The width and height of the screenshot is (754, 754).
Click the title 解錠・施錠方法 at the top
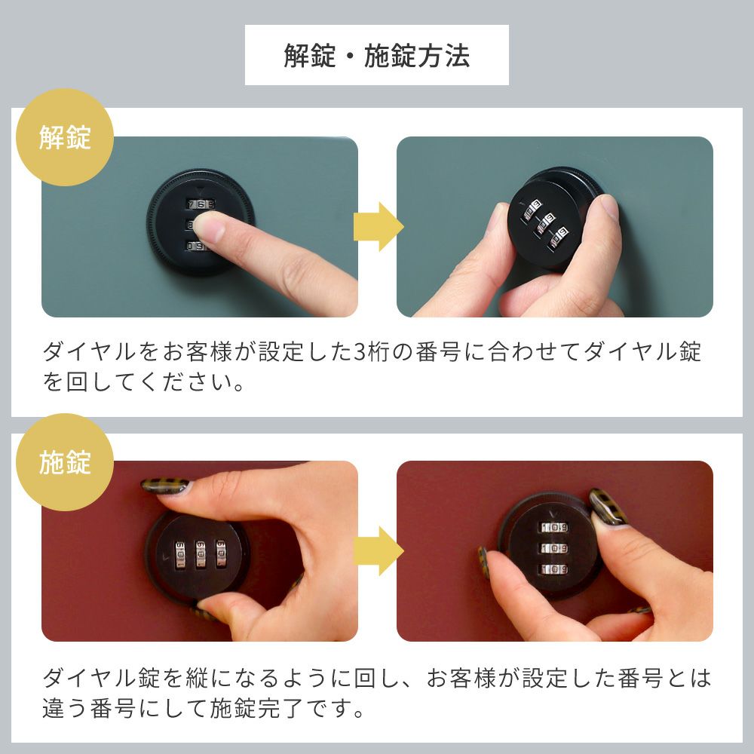tap(376, 55)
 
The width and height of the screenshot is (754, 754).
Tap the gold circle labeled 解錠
tap(65, 137)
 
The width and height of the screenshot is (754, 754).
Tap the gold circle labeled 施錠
tap(65, 462)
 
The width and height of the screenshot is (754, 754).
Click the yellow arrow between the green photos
tap(379, 226)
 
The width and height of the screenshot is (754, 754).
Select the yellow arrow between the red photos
tap(379, 550)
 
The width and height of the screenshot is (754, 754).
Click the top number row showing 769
tap(201, 204)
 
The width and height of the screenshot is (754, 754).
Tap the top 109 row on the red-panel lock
tap(554, 528)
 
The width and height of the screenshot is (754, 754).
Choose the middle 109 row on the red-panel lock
tap(554, 548)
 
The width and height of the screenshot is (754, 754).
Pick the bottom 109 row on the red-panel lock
tap(554, 569)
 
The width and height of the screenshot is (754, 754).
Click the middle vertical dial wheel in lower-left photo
tap(201, 554)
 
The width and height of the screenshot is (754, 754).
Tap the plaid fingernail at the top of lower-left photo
tap(165, 486)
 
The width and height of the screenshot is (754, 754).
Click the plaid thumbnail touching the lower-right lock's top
tap(607, 507)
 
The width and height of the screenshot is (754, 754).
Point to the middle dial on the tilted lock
tap(546, 224)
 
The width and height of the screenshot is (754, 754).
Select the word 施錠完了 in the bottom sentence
tap(256, 708)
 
